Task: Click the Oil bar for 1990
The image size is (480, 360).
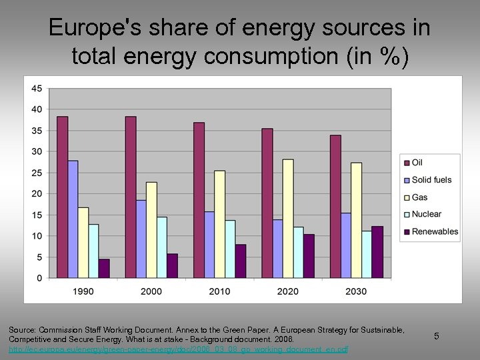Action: [62, 197]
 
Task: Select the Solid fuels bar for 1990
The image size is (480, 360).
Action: [73, 219]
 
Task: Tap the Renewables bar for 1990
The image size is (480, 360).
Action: [104, 269]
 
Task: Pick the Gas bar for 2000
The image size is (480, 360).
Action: [151, 230]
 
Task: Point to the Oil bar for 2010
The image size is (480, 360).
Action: [199, 200]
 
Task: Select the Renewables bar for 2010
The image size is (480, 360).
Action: [240, 261]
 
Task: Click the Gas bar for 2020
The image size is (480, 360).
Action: [287, 219]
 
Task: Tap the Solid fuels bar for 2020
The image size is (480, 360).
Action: [277, 249]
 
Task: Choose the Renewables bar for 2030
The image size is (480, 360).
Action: [377, 252]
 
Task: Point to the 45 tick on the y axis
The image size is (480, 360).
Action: [37, 89]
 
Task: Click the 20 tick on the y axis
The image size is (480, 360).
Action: [37, 194]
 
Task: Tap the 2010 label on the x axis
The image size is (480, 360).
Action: [219, 291]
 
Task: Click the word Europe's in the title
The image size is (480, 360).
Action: [90, 28]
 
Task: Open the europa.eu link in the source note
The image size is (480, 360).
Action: [178, 349]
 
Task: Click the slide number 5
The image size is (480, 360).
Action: [437, 336]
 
